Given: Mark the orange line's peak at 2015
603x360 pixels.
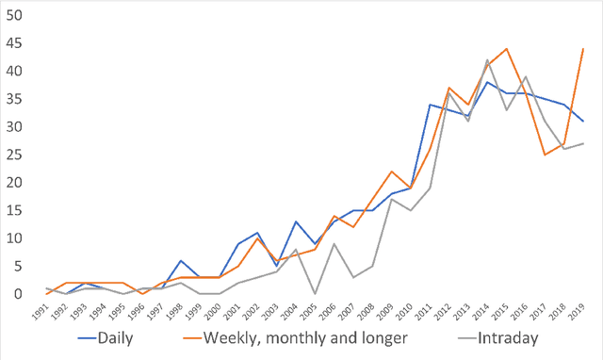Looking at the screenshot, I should tap(507, 49).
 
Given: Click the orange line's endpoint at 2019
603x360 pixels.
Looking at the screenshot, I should tap(584, 49).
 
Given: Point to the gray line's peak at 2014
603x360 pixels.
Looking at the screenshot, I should tap(488, 60).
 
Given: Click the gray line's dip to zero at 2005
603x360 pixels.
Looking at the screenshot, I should tap(315, 294).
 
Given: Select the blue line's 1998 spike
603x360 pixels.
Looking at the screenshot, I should tap(181, 261).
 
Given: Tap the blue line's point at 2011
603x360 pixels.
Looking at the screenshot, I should tap(430, 105).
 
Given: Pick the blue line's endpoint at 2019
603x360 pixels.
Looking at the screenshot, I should tap(584, 122).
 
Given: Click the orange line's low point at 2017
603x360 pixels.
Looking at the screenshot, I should tap(546, 155).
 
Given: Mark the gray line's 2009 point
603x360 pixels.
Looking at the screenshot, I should tap(392, 199).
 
